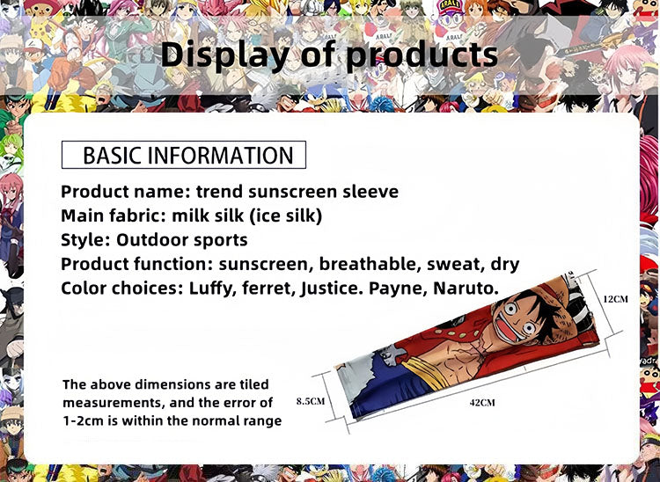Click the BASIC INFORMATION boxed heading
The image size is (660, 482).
[x=184, y=155]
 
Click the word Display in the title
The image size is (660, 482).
[x=224, y=55]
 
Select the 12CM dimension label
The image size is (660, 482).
[x=616, y=299]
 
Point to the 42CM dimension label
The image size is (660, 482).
[x=481, y=402]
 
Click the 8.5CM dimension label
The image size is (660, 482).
[x=311, y=401]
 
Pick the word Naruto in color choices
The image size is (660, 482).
[x=466, y=288]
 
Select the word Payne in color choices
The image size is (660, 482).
[x=405, y=288]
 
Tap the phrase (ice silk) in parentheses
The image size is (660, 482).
[x=290, y=215]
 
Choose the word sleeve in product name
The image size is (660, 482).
[x=370, y=192]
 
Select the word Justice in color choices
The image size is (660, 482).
[x=340, y=288]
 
